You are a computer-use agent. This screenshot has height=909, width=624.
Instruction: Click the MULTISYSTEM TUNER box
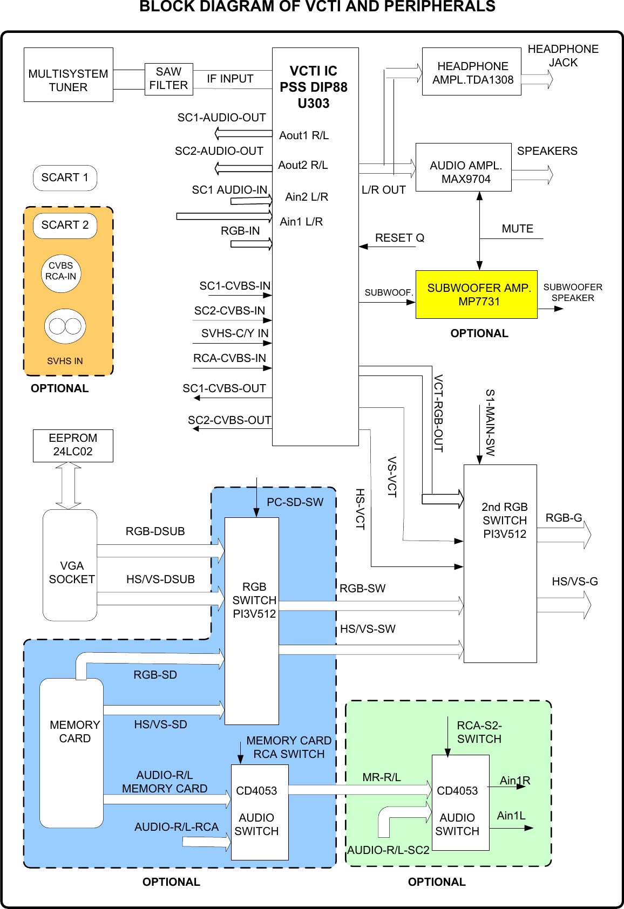tap(68, 74)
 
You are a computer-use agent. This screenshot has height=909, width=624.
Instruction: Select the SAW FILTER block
tap(168, 79)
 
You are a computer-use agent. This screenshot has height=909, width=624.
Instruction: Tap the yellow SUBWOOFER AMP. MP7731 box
tap(476, 295)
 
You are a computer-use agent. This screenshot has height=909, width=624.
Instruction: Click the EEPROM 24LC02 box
tap(73, 446)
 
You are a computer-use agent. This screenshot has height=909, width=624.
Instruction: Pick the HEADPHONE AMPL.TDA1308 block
tap(471, 72)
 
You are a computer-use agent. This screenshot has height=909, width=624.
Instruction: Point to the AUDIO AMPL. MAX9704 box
tap(463, 167)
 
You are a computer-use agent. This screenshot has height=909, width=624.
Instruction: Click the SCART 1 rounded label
tap(65, 178)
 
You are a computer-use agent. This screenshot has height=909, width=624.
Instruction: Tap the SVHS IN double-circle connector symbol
tap(65, 326)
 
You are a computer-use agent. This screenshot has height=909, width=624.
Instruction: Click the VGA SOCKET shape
tap(70, 565)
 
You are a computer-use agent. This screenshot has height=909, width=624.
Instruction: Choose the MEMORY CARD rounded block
tap(72, 753)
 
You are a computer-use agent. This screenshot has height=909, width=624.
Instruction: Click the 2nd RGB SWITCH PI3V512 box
tap(500, 563)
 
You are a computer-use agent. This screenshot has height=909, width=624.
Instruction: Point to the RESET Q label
tap(399, 238)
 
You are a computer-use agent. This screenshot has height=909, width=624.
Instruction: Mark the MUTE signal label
tap(517, 229)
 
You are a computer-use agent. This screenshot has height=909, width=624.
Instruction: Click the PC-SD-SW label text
tap(295, 502)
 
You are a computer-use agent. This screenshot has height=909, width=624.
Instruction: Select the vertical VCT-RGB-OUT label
tap(438, 413)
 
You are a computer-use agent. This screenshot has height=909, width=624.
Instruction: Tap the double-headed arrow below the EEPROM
tap(69, 486)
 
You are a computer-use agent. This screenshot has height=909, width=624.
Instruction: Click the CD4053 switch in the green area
tap(460, 802)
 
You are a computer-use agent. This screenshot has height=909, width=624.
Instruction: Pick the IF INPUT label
tap(230, 79)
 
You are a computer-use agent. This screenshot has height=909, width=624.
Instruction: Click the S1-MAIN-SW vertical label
tap(490, 422)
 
